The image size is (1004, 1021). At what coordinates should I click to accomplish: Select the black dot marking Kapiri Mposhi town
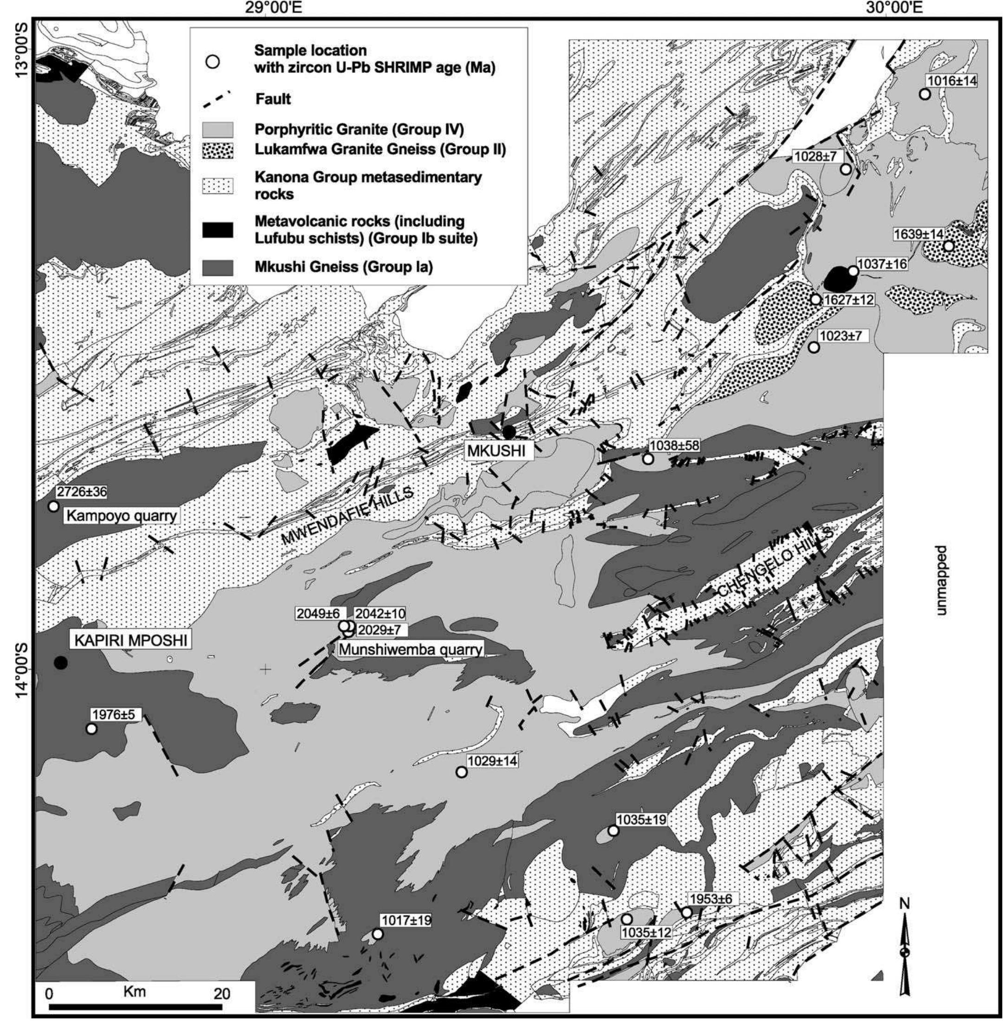click(61, 663)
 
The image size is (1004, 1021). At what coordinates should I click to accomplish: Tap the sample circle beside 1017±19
click(377, 934)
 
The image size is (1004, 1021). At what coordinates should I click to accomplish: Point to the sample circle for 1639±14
click(948, 246)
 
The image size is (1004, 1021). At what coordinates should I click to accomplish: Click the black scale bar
click(135, 1006)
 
